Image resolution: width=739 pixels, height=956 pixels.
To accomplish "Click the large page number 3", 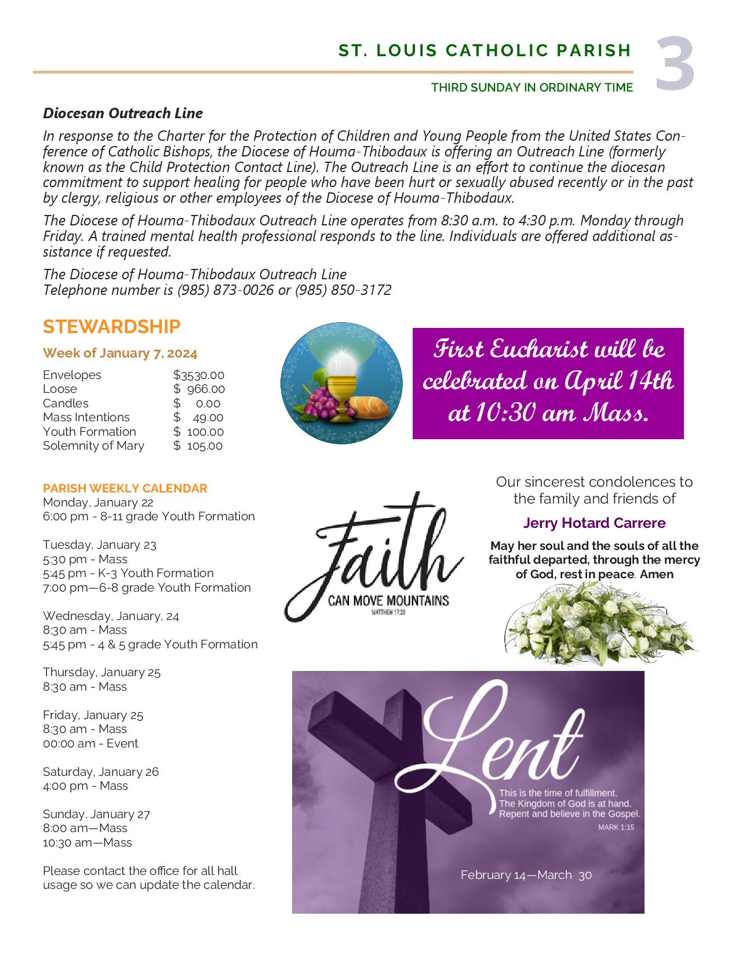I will [675, 64].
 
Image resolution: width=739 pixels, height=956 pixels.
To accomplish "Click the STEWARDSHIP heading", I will [112, 327].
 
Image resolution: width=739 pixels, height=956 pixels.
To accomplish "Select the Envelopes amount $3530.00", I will [199, 375].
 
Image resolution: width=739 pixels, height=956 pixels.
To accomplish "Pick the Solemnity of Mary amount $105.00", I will [198, 446].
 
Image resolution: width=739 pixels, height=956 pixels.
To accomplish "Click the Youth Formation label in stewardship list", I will [89, 432].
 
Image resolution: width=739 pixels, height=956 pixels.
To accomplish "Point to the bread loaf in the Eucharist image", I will [369, 407].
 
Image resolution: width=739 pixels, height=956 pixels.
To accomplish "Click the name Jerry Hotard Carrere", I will [594, 523].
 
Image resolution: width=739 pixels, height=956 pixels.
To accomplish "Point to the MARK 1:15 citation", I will [616, 827].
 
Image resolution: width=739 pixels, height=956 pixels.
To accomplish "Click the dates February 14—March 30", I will [526, 875].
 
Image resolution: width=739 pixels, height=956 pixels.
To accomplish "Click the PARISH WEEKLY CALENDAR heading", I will [125, 488].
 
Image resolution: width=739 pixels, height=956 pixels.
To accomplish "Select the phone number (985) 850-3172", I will [343, 290].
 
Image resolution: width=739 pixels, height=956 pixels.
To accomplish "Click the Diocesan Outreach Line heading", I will [123, 113].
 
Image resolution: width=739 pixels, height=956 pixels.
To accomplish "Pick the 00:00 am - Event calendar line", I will [90, 743].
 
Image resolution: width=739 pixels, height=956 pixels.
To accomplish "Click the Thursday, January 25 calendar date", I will [101, 672].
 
